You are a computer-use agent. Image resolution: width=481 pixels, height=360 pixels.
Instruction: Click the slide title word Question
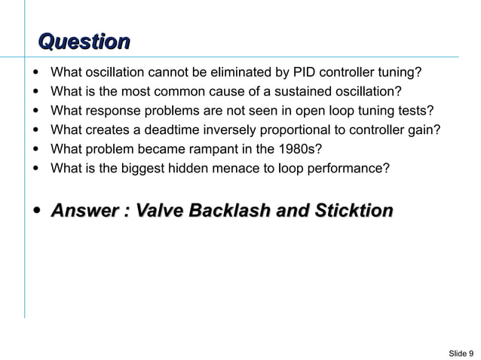(x=84, y=41)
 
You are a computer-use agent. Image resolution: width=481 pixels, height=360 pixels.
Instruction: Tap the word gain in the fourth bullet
(x=424, y=130)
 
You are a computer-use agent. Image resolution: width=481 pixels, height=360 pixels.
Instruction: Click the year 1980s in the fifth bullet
(x=302, y=148)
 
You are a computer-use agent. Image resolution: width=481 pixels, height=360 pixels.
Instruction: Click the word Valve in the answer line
(x=159, y=211)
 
